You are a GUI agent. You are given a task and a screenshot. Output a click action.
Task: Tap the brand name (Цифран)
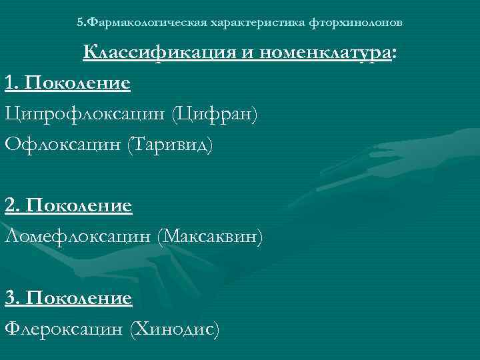click(214, 114)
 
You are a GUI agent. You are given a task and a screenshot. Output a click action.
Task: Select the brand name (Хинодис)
click(174, 328)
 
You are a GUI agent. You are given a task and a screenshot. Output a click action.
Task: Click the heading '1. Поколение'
click(67, 84)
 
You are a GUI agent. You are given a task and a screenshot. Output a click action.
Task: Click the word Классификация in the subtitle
click(158, 53)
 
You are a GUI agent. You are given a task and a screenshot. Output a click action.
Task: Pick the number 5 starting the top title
click(80, 23)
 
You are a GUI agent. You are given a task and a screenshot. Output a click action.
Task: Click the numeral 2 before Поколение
click(9, 206)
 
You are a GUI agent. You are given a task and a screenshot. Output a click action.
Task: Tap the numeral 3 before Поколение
click(9, 297)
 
